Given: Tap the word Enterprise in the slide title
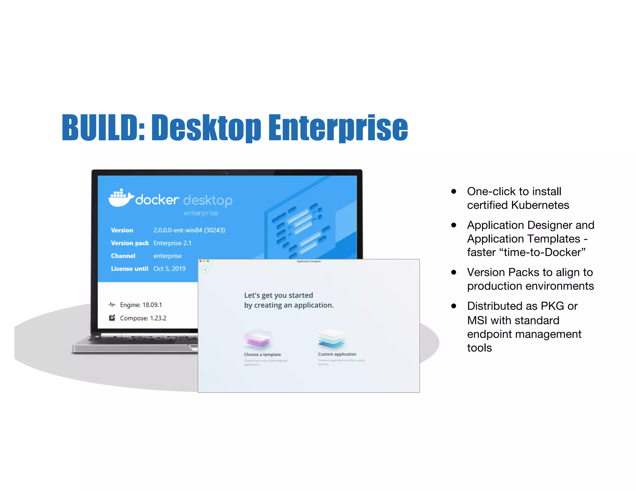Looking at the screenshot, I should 338,128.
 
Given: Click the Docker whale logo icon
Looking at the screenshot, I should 120,198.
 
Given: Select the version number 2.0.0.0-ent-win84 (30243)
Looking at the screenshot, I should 189,230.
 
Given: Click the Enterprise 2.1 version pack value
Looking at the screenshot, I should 172,243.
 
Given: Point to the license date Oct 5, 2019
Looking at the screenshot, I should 169,269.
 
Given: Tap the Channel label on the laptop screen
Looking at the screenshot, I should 123,256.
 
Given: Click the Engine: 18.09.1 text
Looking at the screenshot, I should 141,305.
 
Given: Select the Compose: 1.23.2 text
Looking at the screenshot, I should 143,318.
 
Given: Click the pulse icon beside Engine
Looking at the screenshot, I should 112,305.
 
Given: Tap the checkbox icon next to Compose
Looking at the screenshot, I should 112,318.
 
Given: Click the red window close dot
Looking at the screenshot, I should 201,261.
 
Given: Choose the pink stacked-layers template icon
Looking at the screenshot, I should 257,339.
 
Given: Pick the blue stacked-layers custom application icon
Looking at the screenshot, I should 331,339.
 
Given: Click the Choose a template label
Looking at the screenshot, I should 262,354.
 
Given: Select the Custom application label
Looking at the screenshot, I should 337,354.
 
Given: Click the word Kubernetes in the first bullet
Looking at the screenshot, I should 540,205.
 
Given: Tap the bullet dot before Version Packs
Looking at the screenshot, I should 454,273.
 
